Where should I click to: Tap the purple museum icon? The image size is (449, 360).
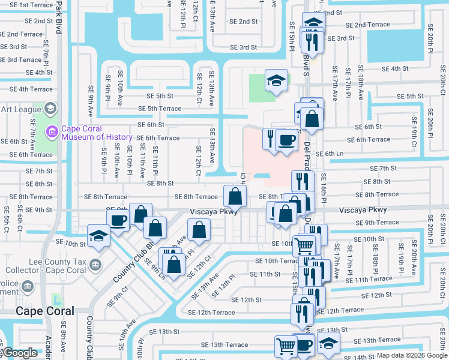[52, 130]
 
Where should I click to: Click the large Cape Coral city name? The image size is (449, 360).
[45, 311]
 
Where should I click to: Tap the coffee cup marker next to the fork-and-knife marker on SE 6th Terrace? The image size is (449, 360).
[286, 139]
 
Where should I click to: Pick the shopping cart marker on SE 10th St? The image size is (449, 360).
[304, 244]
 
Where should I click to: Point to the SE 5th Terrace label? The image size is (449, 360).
[159, 109]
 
